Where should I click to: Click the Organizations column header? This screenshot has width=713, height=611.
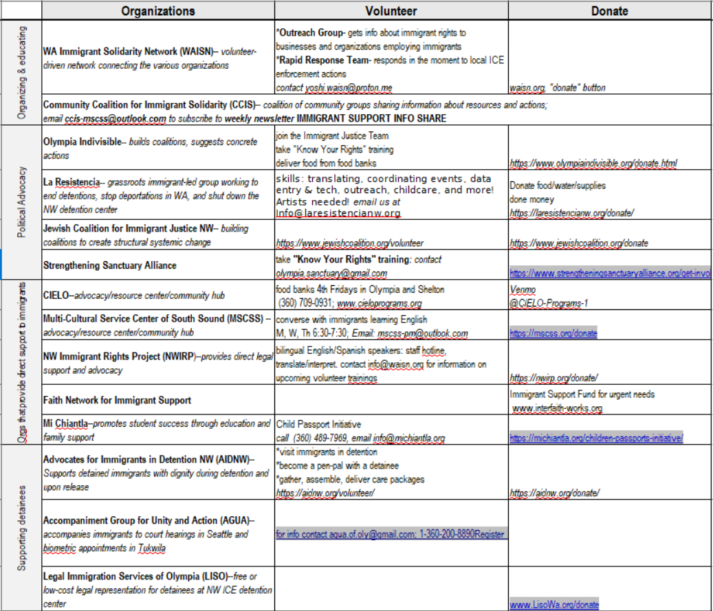tap(158, 10)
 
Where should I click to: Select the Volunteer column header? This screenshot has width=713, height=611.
tap(391, 10)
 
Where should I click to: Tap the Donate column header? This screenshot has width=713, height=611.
tap(609, 10)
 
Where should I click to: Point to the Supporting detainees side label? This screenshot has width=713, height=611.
tap(21, 526)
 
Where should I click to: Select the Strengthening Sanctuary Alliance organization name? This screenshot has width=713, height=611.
tap(110, 265)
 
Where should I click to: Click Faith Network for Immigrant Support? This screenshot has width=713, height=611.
tap(117, 400)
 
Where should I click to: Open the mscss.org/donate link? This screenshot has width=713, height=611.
tap(553, 333)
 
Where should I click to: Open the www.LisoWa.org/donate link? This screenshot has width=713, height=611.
tap(554, 605)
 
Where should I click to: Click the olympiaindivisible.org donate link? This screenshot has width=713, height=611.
tap(593, 164)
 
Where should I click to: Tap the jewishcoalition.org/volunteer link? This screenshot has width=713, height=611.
tap(350, 243)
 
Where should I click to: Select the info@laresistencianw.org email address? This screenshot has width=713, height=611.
tap(338, 213)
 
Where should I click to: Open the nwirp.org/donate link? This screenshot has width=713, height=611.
tap(554, 377)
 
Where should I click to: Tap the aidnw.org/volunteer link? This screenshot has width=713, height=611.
tap(325, 493)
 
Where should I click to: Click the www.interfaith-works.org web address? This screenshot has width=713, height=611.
tap(558, 408)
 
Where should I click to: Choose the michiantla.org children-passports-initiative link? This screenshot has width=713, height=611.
tap(596, 438)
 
